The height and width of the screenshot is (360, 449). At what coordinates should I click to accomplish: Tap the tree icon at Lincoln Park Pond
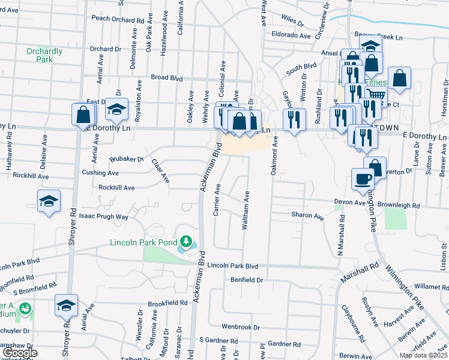pos(187,241)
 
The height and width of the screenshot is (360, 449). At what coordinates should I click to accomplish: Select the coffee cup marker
pos(363,179)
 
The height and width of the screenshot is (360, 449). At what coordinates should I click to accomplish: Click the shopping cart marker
pos(376,95)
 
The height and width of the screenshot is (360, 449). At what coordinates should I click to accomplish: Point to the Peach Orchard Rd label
pos(118,19)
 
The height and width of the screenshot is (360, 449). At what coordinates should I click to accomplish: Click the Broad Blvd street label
pos(166,77)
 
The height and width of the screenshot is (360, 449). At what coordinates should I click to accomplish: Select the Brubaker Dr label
pos(127,160)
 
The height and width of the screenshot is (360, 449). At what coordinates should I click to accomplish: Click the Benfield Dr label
pos(247,280)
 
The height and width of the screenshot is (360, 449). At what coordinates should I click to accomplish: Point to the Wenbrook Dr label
pos(240,327)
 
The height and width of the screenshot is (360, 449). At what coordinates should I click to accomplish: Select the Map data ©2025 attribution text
pos(423,355)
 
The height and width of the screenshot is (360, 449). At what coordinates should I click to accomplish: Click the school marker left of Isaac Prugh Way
pos(49,201)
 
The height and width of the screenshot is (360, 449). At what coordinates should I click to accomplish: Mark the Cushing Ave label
pos(100,173)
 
